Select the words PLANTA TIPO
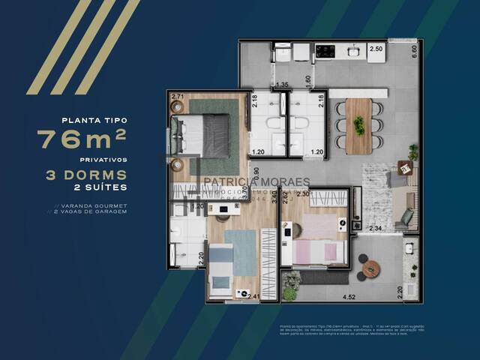click(94, 119)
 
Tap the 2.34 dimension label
click(376, 228)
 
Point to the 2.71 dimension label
click(177, 96)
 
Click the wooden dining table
click(359, 125)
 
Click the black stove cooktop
click(325, 51)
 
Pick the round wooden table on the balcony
click(370, 268)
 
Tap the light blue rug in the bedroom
click(241, 252)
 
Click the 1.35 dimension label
click(283, 85)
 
